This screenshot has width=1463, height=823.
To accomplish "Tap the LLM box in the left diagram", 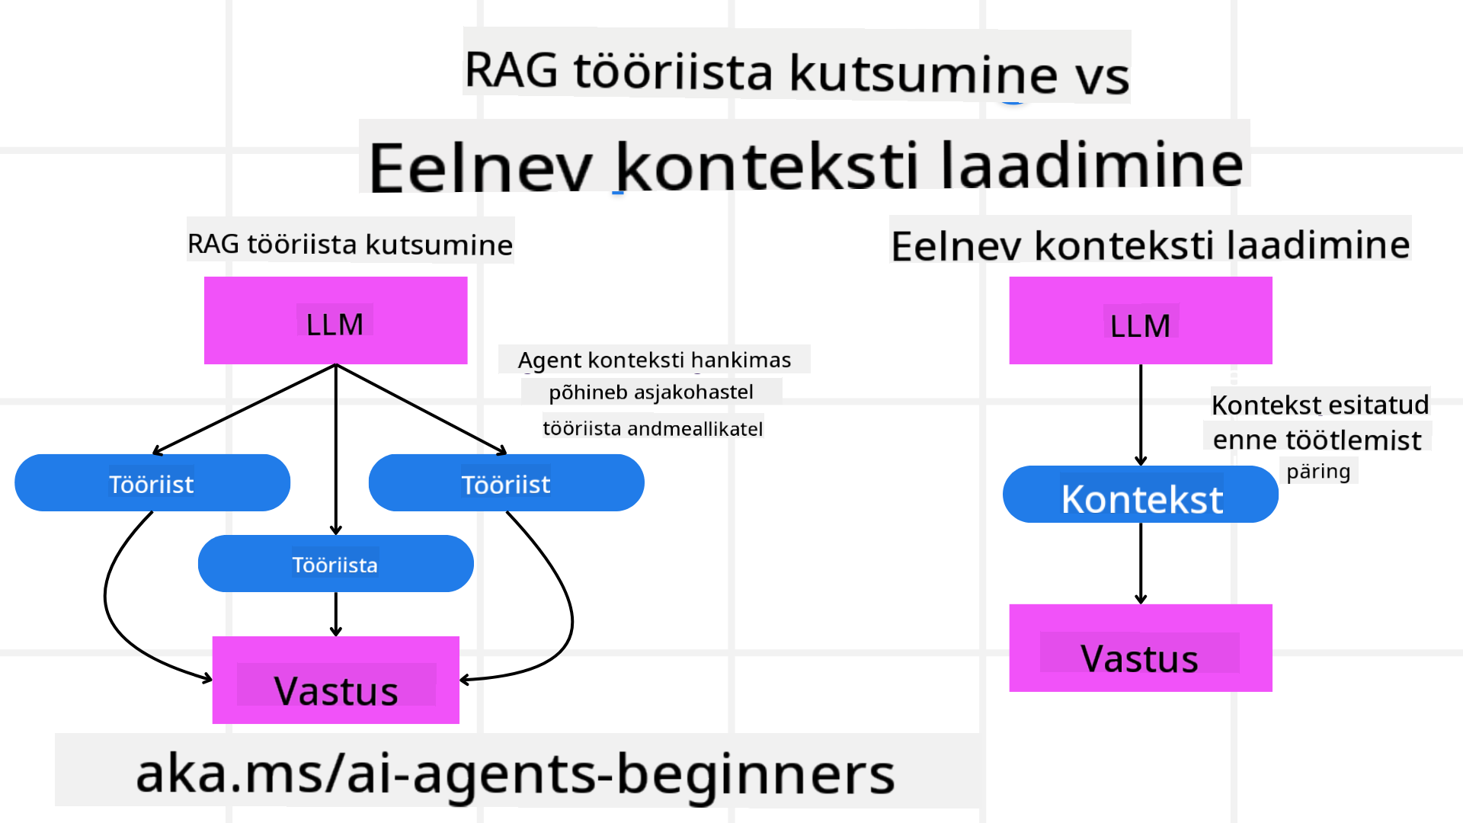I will [335, 321].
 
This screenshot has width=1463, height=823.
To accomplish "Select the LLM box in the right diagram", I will [1140, 321].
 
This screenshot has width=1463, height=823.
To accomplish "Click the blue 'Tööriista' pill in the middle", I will [335, 564].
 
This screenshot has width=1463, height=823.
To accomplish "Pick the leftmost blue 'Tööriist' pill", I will [152, 483].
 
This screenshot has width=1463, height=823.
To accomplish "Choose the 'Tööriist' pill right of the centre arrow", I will [506, 483].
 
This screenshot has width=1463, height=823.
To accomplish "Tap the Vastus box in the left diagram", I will [335, 680].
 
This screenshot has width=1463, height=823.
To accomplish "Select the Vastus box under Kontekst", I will [1140, 648].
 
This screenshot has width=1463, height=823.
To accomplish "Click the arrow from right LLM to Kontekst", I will [1141, 415].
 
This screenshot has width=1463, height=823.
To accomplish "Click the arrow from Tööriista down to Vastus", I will [336, 613].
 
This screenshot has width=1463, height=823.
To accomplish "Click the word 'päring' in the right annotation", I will [1318, 471].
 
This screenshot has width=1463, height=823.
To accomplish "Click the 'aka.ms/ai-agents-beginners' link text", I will [515, 773].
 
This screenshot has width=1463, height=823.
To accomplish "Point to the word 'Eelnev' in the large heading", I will [480, 165].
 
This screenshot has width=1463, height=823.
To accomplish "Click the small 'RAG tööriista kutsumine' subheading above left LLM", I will [350, 244].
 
